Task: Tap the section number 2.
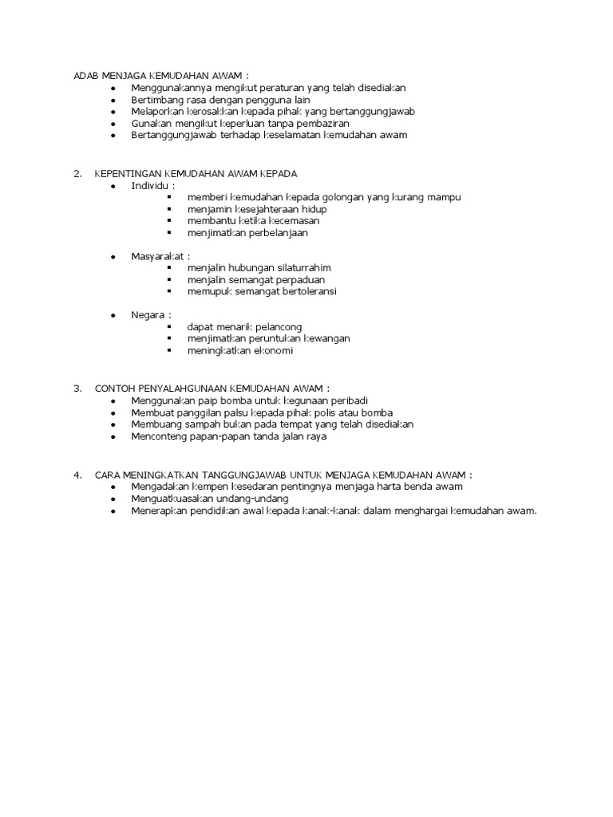point(77,174)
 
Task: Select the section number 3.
point(77,389)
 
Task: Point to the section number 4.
point(77,475)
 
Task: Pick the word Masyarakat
point(157,256)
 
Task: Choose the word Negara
point(148,315)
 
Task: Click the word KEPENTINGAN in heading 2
point(128,174)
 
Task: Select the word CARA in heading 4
point(109,475)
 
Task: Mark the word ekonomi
point(275,351)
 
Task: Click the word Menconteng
point(160,436)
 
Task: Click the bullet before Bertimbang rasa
point(113,100)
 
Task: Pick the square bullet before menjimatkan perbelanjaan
point(170,233)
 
